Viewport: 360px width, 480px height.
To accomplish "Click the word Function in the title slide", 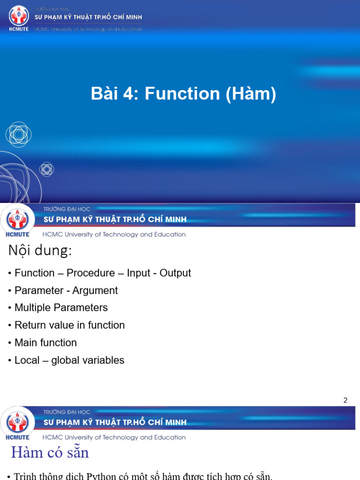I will coord(182,94).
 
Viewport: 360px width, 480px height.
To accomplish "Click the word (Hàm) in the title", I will coord(251,94).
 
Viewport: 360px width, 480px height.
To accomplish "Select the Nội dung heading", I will coord(40,251).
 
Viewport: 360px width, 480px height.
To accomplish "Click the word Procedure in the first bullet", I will coord(90,273).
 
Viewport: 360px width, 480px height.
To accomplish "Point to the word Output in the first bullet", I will coord(175,273).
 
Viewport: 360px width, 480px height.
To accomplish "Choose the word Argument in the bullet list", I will coord(95,291).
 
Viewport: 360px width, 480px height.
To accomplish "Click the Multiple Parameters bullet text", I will coord(61,308).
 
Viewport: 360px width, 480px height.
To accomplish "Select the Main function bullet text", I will coord(45,343).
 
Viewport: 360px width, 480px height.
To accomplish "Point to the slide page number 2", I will coord(345,400).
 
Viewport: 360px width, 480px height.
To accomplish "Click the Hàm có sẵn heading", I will coord(50,453).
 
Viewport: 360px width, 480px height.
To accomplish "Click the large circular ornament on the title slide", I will coord(19,134).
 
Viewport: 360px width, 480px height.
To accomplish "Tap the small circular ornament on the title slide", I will coord(46,169).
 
